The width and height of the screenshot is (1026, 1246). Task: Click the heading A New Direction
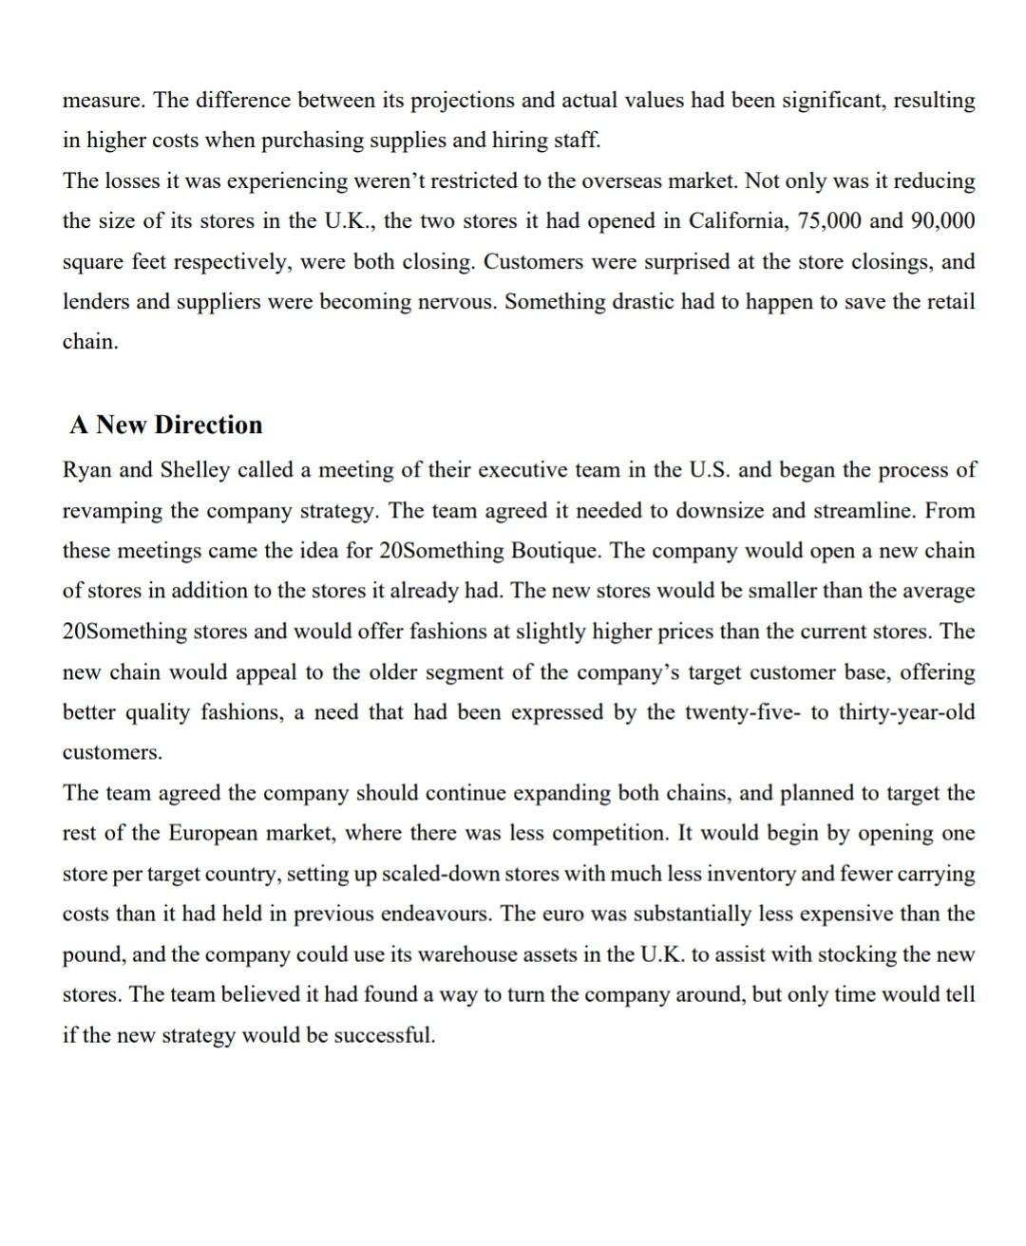click(x=165, y=425)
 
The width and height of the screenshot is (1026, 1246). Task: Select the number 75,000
click(x=830, y=221)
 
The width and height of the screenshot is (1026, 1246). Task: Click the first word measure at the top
click(x=102, y=101)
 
